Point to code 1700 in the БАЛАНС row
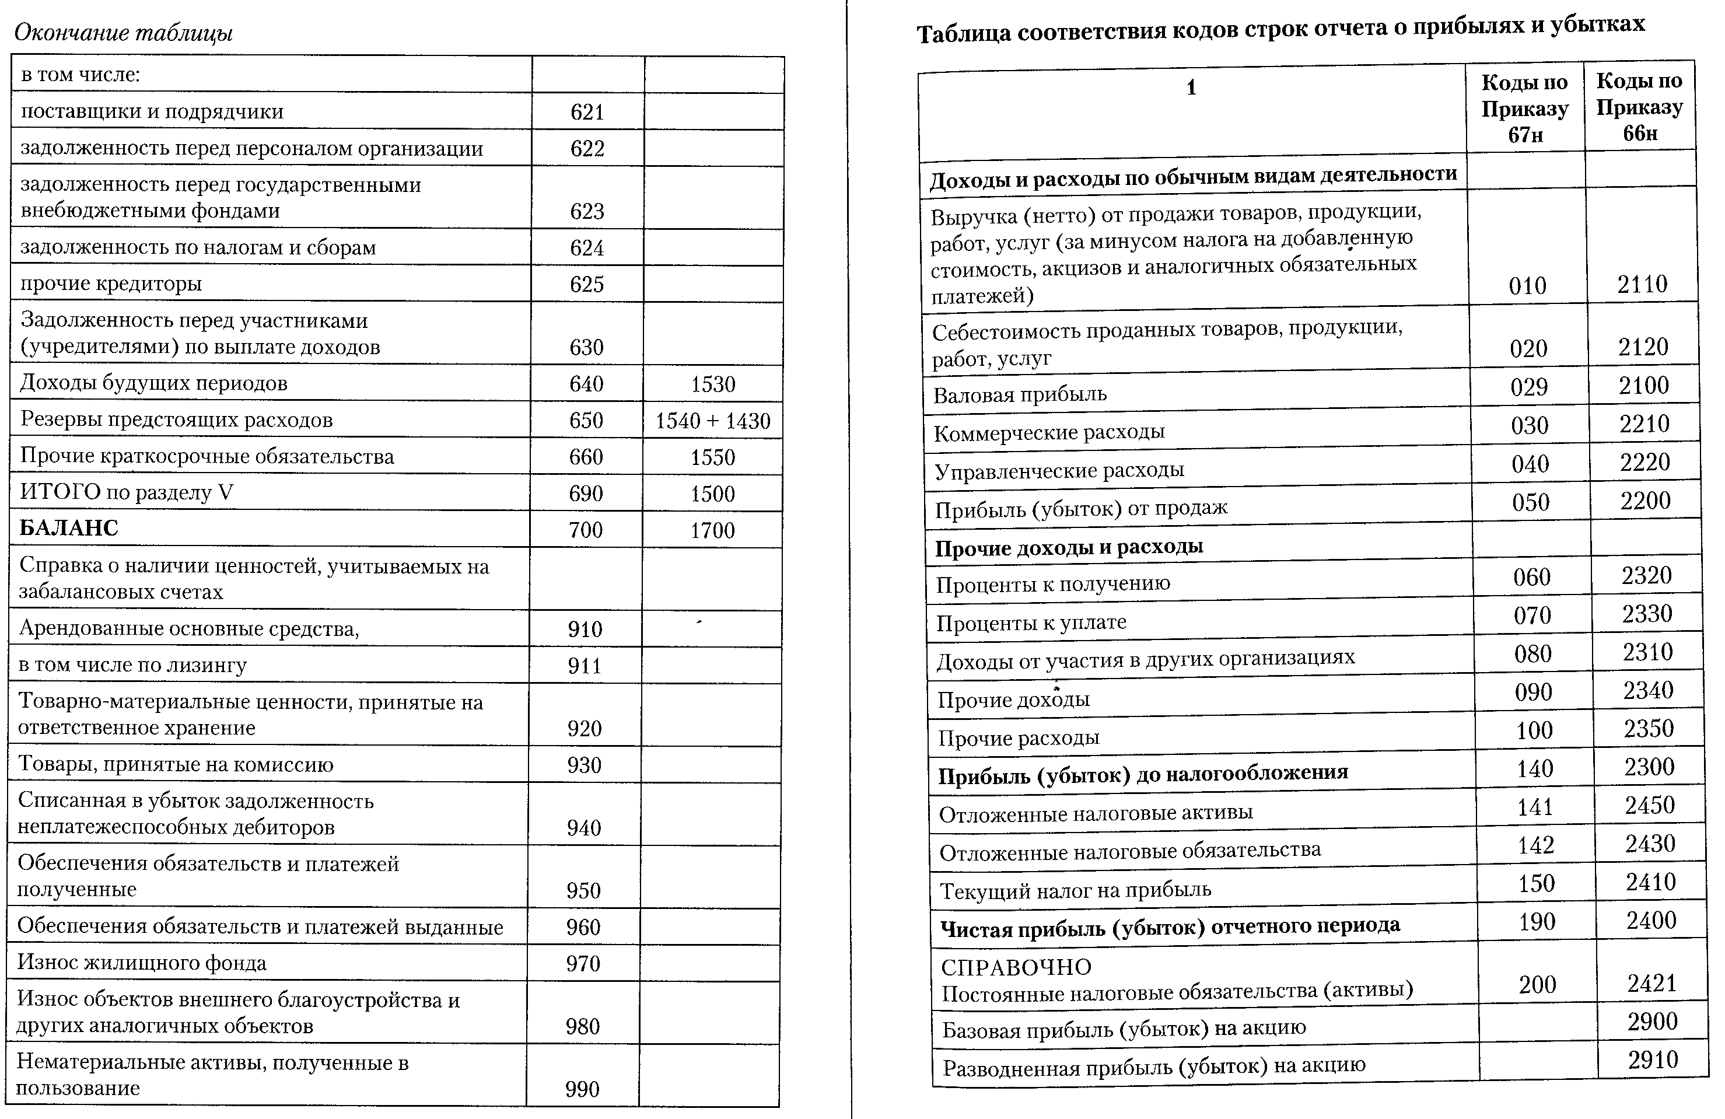click(x=712, y=530)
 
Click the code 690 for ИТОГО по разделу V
click(x=586, y=494)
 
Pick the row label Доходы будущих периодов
click(x=153, y=383)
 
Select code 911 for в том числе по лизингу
click(x=584, y=665)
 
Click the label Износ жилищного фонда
click(x=142, y=963)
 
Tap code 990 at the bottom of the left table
click(x=582, y=1089)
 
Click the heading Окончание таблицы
click(x=123, y=33)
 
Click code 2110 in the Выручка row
click(x=1642, y=284)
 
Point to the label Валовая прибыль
click(x=1020, y=395)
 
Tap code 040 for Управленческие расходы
click(x=1530, y=464)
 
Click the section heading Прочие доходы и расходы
click(x=1069, y=547)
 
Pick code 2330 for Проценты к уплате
click(x=1647, y=614)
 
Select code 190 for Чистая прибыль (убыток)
click(x=1537, y=922)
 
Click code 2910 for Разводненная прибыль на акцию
click(x=1653, y=1060)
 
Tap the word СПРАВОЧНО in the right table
click(x=1016, y=967)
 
